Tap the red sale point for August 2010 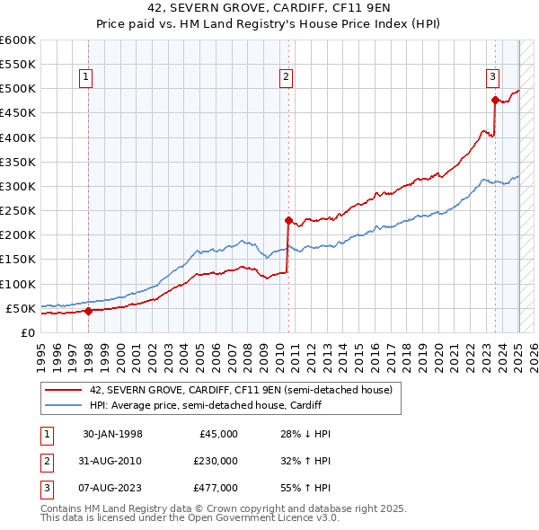(288, 220)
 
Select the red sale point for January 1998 (88, 311)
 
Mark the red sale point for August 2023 (495, 100)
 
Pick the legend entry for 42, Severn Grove (241, 391)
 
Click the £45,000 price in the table (216, 434)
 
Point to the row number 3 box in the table (45, 488)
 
